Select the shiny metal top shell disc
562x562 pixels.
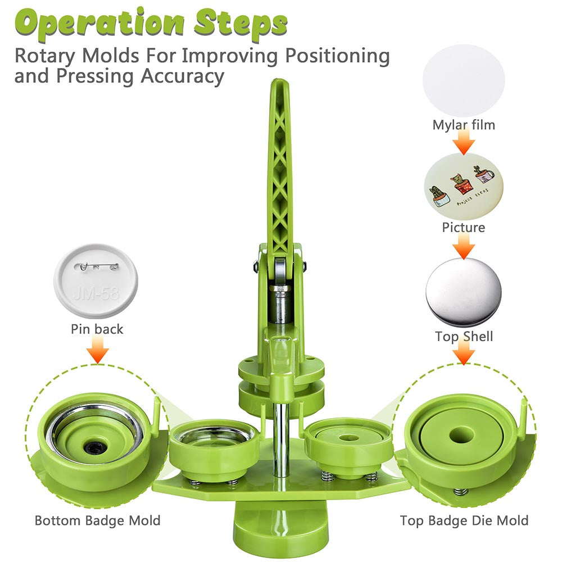pyautogui.click(x=464, y=292)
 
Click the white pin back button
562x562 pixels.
pyautogui.click(x=96, y=281)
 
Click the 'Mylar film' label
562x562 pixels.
pyautogui.click(x=464, y=125)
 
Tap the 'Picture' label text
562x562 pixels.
pyautogui.click(x=464, y=228)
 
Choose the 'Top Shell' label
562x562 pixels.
pyautogui.click(x=464, y=336)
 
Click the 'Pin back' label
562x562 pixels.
pyautogui.click(x=97, y=329)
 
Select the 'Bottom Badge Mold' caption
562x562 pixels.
pyautogui.click(x=97, y=520)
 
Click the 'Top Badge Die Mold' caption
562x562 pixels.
pyautogui.click(x=464, y=520)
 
